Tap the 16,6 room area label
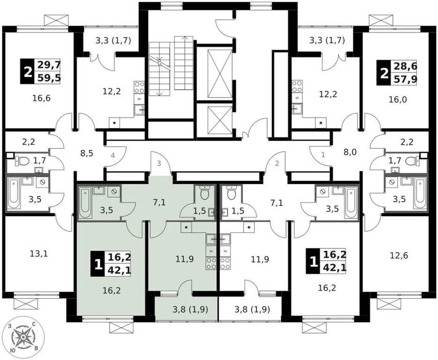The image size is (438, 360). tap(42, 98)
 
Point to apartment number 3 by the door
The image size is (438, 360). tap(159, 163)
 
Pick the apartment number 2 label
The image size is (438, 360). tap(277, 163)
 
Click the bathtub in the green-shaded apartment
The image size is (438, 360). tap(86, 202)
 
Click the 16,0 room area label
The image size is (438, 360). tap(397, 99)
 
